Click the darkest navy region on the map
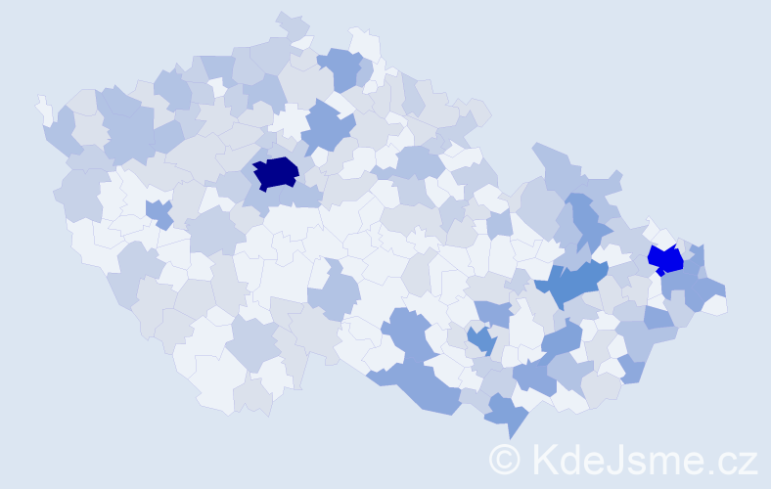point(276,173)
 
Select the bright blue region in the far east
point(666,260)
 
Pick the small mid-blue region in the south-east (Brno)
point(480,340)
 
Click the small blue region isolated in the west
point(157,210)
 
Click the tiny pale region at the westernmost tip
point(44,109)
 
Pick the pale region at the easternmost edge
point(715,304)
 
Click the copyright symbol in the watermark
point(505,460)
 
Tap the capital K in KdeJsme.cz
point(544,460)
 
